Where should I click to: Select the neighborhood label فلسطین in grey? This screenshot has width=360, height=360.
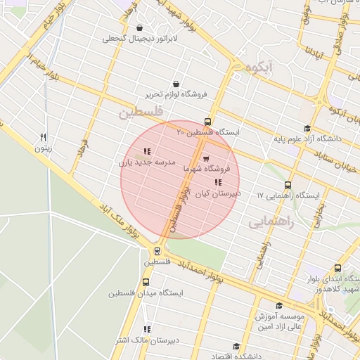[141, 112]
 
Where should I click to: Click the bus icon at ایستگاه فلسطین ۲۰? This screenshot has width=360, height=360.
[207, 122]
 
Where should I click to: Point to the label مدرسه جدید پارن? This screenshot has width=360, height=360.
[146, 162]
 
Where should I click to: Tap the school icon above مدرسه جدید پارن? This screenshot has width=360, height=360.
[146, 151]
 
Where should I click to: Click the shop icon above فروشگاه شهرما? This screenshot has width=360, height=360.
[206, 159]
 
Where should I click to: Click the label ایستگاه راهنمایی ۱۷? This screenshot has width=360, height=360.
[288, 195]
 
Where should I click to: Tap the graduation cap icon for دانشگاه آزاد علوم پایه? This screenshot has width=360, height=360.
[307, 128]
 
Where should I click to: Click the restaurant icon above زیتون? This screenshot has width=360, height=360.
[44, 137]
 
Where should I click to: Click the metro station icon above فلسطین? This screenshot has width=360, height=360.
[156, 250]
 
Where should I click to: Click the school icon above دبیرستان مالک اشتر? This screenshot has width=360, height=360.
[147, 329]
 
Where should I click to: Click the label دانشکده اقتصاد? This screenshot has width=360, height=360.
[225, 356]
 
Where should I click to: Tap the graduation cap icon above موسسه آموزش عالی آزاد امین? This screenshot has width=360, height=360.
[279, 305]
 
